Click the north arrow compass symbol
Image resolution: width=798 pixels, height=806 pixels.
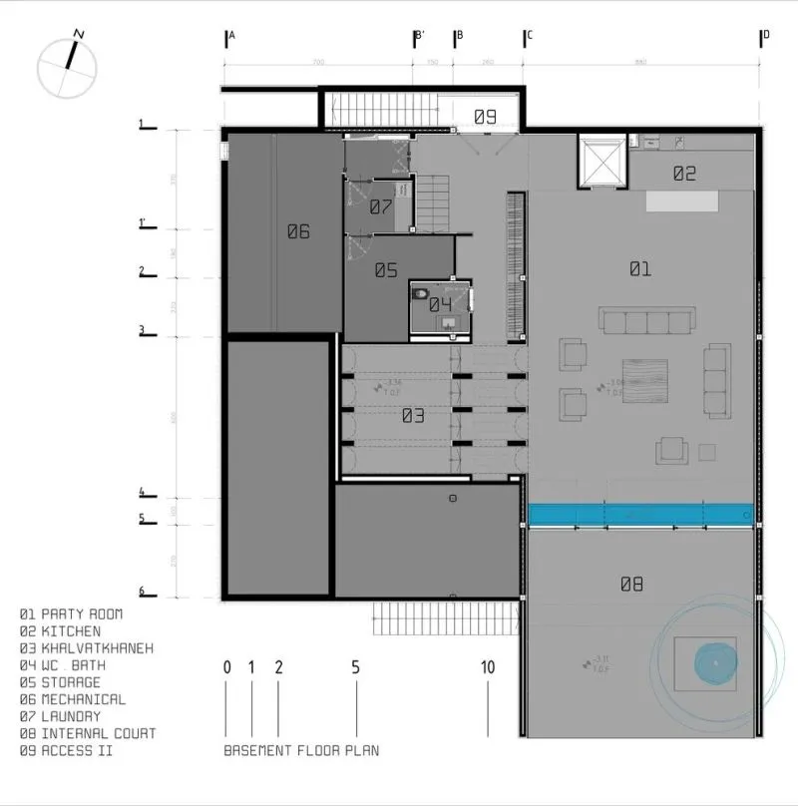67,65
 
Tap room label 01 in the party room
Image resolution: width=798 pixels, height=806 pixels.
639,268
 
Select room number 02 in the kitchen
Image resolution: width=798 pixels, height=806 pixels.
683,174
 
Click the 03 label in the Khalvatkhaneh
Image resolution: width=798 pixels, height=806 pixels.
413,416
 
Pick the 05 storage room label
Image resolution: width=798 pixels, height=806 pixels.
386,270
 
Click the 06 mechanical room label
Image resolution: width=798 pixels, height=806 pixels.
298,232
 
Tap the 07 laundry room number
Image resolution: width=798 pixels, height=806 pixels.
380,207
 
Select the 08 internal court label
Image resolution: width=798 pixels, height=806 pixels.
631,585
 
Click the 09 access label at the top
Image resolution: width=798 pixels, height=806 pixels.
484,117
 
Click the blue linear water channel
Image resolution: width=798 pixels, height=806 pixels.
639,514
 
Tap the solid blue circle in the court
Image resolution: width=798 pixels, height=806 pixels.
714,661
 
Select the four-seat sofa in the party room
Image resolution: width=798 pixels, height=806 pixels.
646,320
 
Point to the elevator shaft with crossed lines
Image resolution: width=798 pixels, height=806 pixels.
601,162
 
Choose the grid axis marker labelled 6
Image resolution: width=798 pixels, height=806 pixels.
142,592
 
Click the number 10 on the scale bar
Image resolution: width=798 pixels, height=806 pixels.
487,667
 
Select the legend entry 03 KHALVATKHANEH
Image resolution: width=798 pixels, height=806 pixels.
87,648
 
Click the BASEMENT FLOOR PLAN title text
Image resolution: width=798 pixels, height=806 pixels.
300,750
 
